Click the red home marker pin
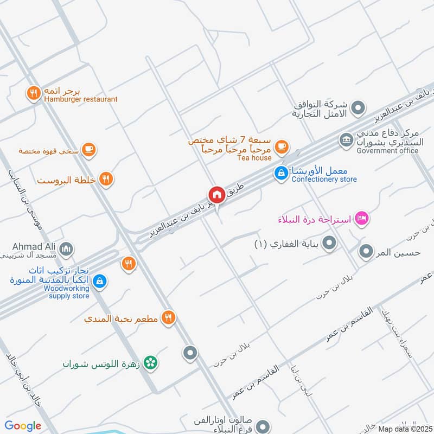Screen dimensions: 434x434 pos(217,195)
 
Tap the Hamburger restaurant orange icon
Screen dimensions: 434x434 pos(34,94)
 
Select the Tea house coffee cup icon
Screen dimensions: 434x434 pos(281,146)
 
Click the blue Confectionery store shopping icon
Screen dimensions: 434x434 pos(281,174)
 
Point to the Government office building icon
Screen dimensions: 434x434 pos(346,140)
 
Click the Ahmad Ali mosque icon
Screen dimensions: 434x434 pos(66,249)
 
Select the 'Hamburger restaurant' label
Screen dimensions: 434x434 pos(81,99)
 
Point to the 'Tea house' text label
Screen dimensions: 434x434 pos(254,158)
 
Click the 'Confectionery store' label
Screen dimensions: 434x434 pos(324,179)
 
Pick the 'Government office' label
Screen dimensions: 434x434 pos(387,150)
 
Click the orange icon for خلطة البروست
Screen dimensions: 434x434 pos(106,180)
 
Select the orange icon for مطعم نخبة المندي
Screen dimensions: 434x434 pos(169,318)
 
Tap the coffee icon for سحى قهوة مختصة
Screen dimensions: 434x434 pos(89,150)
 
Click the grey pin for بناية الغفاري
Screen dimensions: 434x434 pos(329,244)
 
